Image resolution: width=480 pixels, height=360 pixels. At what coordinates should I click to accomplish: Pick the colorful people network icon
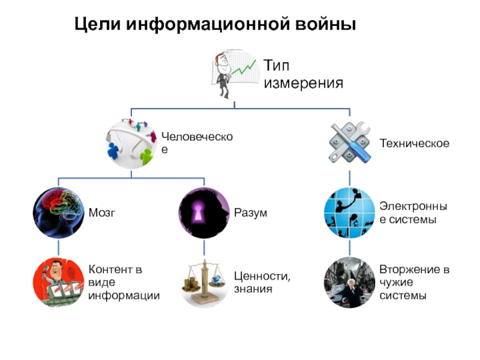(131, 143)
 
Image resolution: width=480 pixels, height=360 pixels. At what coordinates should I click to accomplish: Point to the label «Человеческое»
(196, 143)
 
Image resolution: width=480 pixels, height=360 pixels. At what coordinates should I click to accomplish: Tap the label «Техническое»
(414, 143)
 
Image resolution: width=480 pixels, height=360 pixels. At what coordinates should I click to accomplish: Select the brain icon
(58, 213)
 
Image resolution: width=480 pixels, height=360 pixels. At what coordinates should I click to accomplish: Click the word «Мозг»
(101, 213)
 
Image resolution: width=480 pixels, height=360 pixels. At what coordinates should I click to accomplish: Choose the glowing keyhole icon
(204, 213)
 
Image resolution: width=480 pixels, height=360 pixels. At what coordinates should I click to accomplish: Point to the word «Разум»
(250, 213)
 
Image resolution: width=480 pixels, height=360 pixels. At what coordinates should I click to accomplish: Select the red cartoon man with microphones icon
(58, 282)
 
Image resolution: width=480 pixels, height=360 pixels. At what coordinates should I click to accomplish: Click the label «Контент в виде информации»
(124, 282)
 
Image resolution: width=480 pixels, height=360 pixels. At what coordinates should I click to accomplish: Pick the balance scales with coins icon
(204, 283)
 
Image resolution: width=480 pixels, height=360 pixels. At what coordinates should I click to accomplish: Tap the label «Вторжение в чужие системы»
(414, 282)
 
